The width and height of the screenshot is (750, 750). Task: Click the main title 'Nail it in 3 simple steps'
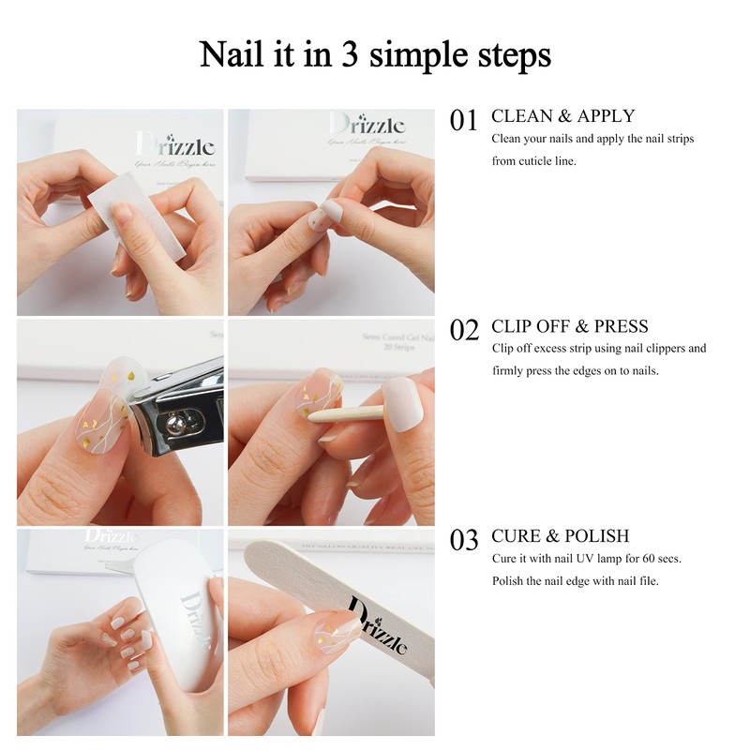coord(375,54)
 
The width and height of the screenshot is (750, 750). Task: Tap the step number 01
coord(464,120)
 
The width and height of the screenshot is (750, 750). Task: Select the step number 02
coord(464,330)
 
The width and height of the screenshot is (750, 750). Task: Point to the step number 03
coord(464,540)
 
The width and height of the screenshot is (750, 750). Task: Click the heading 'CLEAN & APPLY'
coord(562,116)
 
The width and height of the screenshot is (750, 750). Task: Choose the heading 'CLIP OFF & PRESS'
coord(569,326)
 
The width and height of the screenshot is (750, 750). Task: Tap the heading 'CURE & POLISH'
coord(560,536)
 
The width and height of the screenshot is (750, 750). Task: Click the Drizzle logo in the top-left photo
coord(175,145)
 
